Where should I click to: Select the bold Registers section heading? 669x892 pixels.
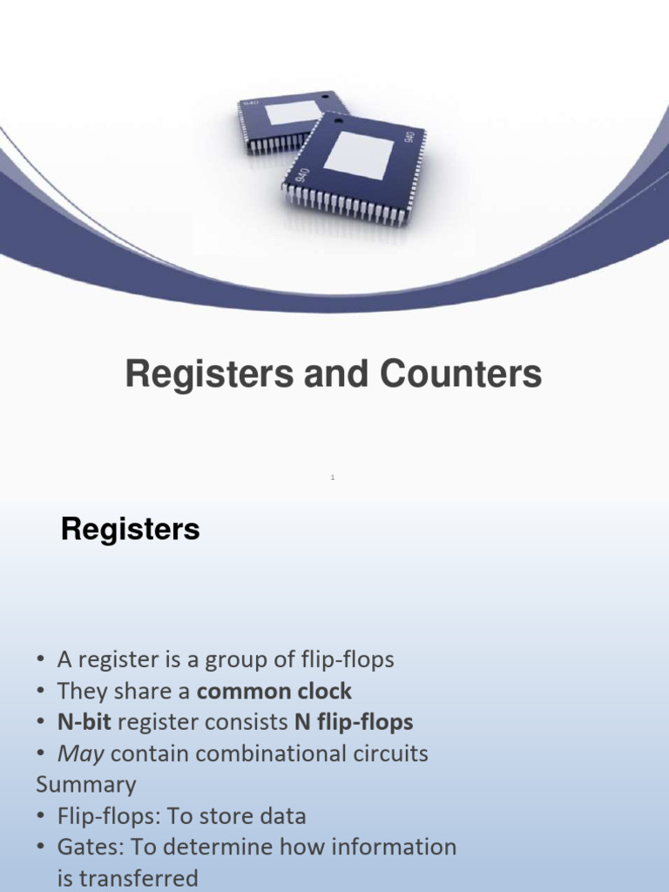pos(130,530)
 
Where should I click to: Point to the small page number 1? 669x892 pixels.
pos(333,476)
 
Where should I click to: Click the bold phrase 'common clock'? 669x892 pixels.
pos(274,692)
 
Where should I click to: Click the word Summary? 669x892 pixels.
pos(85,785)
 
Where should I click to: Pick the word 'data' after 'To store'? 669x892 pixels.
pos(280,816)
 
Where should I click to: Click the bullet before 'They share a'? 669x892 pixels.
pos(41,692)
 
